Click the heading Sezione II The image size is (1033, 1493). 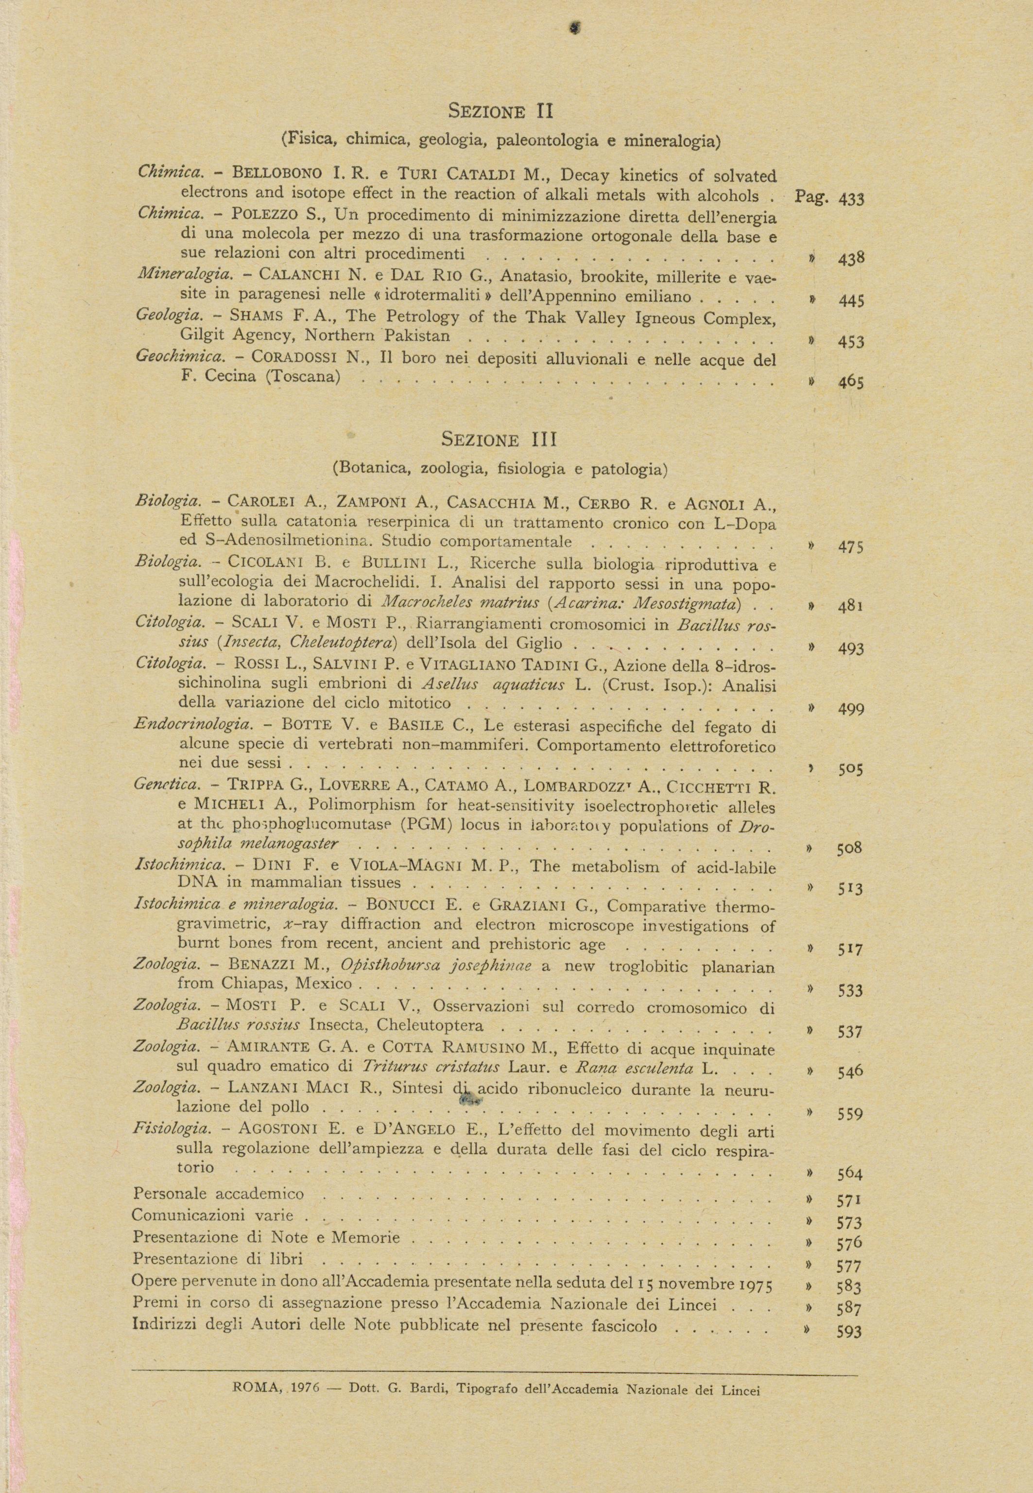pos(500,111)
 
